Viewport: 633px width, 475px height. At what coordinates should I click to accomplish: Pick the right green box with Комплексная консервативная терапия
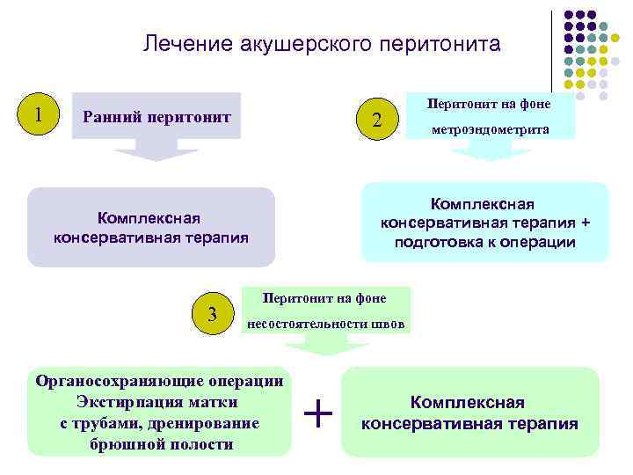tap(469, 412)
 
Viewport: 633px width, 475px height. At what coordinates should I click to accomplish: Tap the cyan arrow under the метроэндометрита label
tap(485, 151)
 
